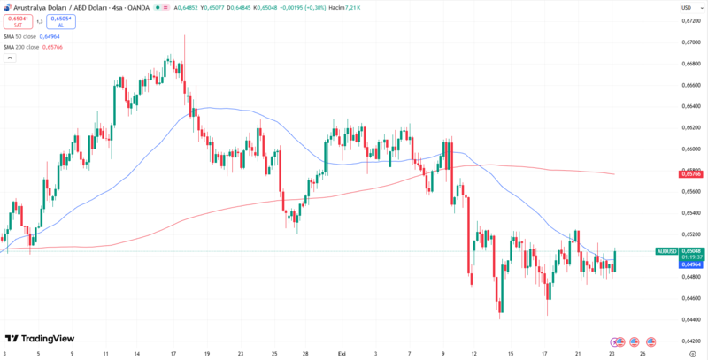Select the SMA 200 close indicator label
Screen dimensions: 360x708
pos(22,47)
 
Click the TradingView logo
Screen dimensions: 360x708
pos(40,339)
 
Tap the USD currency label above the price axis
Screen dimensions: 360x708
pos(685,7)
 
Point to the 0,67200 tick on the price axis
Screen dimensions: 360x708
pos(692,20)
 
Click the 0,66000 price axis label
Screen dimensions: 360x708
pos(692,149)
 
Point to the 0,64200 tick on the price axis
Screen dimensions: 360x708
pos(692,341)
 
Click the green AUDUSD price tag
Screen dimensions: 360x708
pos(666,251)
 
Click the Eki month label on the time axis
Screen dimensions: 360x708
pos(342,352)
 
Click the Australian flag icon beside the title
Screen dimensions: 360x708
pos(8,7)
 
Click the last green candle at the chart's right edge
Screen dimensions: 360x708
pos(615,260)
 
